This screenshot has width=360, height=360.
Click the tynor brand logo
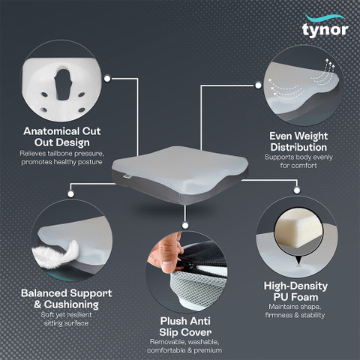point(324,27)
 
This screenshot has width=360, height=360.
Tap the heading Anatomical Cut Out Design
point(64,136)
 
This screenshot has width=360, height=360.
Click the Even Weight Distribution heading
point(295,140)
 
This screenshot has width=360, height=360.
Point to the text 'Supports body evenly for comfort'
point(295,161)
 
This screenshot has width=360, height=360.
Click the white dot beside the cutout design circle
point(107,76)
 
